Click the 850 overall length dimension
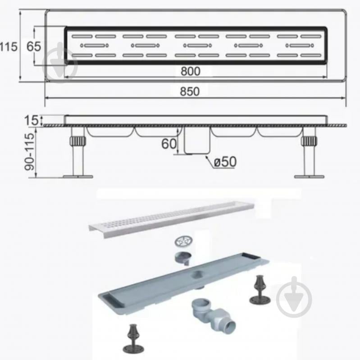[x=190, y=91]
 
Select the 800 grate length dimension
[x=190, y=71]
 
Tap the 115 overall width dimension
[x=9, y=47]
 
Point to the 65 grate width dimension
[x=34, y=46]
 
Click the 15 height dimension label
[x=31, y=120]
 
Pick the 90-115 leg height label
[x=29, y=152]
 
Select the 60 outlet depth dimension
[x=169, y=144]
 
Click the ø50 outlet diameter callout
[x=225, y=162]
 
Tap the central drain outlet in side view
[x=197, y=140]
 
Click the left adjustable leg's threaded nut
[x=77, y=141]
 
